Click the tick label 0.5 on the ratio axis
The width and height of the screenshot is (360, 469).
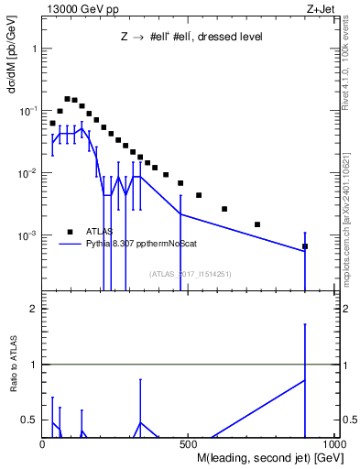click(28, 420)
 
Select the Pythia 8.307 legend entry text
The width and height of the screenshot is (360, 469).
click(139, 245)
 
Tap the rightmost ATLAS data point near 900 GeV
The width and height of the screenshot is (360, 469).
click(305, 246)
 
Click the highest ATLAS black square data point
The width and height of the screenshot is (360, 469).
click(67, 99)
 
